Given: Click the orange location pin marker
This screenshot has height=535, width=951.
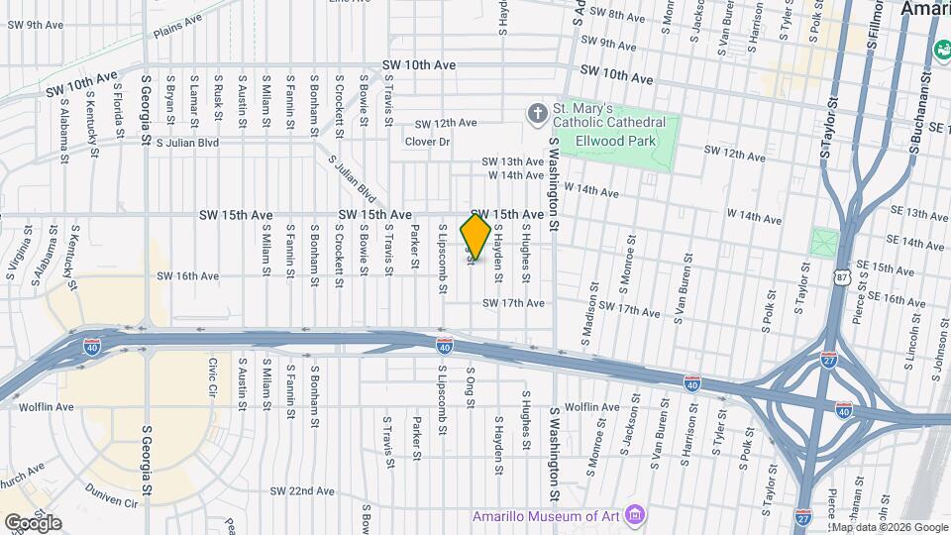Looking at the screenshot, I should (476, 237).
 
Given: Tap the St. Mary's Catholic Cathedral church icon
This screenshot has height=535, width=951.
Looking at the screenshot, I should (538, 114).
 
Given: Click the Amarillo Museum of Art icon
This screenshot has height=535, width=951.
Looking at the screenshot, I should (635, 514).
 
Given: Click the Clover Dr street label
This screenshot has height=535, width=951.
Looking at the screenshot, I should (427, 142).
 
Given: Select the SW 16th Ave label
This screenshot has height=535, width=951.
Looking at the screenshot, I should (187, 276).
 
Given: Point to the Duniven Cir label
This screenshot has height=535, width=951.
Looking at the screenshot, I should (111, 502).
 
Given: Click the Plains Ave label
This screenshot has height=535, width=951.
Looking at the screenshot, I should (177, 26).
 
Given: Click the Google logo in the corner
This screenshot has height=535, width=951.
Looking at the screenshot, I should (34, 522).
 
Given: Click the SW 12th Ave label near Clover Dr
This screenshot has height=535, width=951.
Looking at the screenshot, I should (446, 123).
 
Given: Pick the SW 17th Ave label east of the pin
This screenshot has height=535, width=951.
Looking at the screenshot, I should (513, 303).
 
